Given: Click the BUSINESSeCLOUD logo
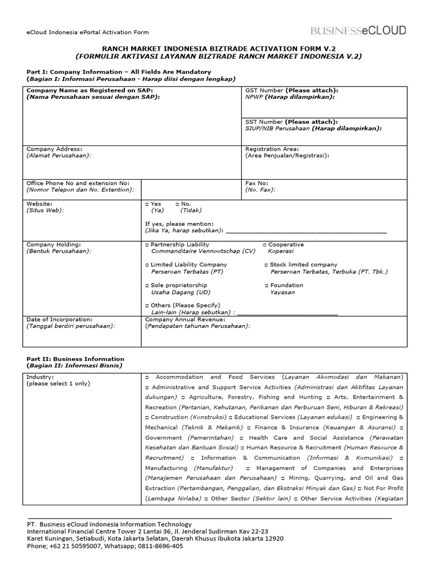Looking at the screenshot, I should click(x=358, y=31).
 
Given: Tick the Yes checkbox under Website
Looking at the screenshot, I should click(x=147, y=204).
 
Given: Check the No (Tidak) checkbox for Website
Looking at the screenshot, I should click(x=177, y=204).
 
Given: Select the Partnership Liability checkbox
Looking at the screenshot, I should click(x=147, y=245).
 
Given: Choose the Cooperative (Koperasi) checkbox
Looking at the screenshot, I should click(x=265, y=245).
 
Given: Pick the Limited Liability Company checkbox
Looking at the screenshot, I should click(x=147, y=265).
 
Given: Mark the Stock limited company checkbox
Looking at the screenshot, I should click(x=266, y=265).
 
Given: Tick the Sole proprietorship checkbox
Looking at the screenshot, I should click(x=147, y=285).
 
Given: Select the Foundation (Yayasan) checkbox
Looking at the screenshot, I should click(x=266, y=285).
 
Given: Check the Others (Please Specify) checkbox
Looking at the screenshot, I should click(x=147, y=306).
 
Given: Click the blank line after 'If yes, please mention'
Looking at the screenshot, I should click(x=306, y=232).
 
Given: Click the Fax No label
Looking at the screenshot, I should click(x=257, y=184).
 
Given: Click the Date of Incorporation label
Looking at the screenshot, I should click(x=59, y=320).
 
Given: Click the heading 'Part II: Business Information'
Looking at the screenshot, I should click(x=75, y=359).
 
